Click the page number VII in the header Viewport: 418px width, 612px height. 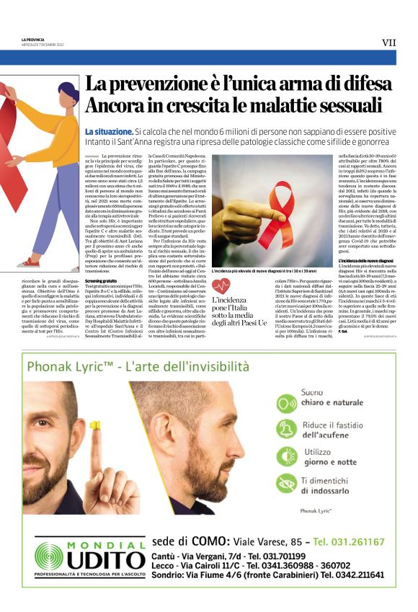pyautogui.click(x=388, y=43)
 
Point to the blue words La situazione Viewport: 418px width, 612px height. pyautogui.click(x=108, y=132)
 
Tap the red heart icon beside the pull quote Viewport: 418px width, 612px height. pyautogui.click(x=221, y=286)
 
